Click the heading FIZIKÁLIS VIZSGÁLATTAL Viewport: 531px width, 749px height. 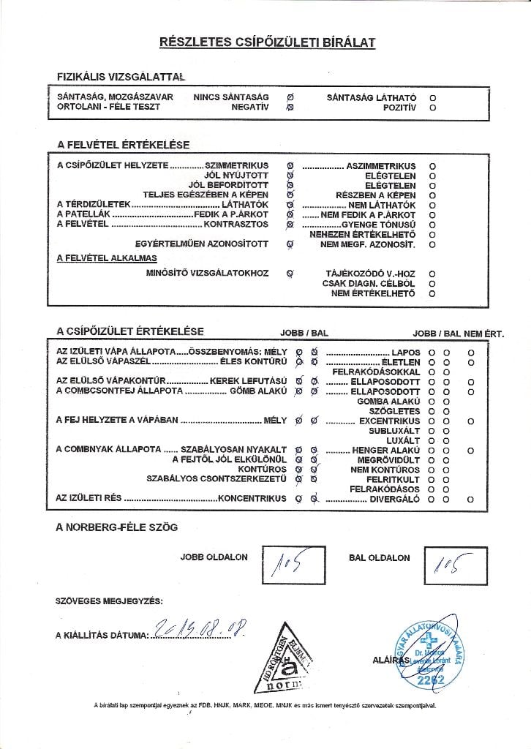pos(121,76)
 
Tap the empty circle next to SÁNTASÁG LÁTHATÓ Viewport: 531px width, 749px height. pos(432,97)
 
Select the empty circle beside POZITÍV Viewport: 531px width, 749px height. pos(432,107)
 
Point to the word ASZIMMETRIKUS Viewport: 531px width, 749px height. pos(380,166)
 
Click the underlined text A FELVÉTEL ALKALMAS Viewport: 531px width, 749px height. pos(106,258)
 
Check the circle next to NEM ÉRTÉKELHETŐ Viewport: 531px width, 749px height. pos(432,293)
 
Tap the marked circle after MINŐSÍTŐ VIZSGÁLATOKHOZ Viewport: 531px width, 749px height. pos(290,274)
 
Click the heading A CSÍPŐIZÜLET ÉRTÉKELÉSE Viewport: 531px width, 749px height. pos(130,332)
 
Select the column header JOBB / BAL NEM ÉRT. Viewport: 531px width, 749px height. pos(458,334)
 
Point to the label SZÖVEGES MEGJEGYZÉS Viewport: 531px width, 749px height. pos(110,601)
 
